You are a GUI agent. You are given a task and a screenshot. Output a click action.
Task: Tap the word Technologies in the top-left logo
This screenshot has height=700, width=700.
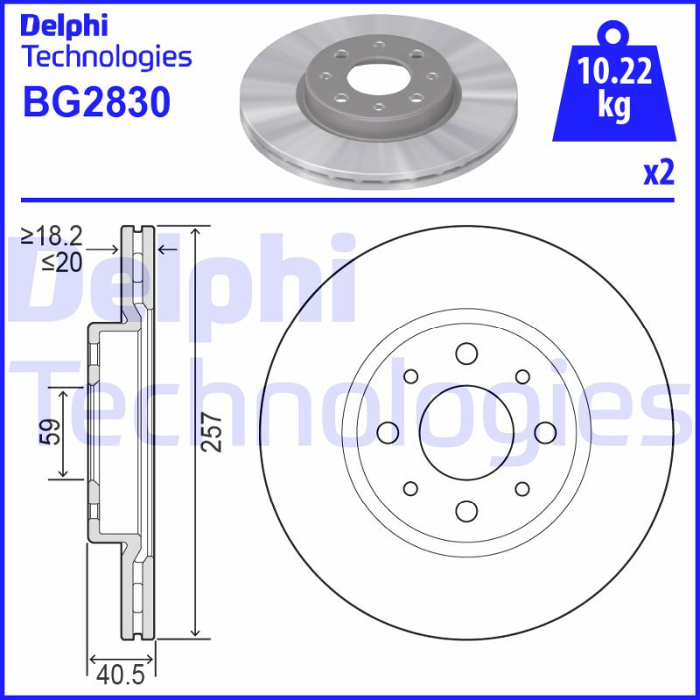tap(105, 58)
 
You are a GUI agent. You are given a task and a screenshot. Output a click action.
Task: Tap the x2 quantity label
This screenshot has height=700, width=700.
tap(659, 173)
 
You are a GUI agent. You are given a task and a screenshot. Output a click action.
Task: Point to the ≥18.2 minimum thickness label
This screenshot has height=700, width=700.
tap(52, 235)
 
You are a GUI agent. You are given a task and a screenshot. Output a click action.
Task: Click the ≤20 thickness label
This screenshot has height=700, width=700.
tap(61, 261)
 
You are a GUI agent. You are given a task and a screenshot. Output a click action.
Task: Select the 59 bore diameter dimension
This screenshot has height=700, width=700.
tap(50, 431)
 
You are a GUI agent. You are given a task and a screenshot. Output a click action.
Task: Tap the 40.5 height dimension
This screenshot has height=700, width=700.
tap(121, 675)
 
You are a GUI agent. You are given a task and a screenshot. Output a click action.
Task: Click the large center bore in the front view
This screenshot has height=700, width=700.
tap(465, 431)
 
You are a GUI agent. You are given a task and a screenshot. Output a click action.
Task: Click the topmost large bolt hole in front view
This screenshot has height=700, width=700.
tap(465, 353)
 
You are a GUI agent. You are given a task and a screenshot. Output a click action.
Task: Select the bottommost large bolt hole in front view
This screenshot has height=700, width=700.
tap(465, 510)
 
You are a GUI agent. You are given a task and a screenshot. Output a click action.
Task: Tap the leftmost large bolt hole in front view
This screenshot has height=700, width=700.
tap(386, 431)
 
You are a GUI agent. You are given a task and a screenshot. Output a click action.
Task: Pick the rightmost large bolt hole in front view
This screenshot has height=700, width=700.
tap(544, 431)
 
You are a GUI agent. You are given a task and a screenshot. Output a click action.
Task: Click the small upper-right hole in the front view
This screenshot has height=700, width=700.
tap(522, 375)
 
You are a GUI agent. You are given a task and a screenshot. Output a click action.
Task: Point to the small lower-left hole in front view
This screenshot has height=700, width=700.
tap(409, 488)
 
